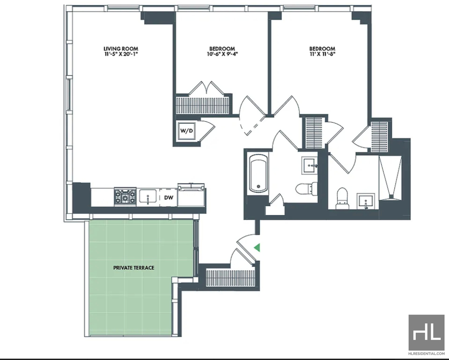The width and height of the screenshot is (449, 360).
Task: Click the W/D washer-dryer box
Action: point(186,131)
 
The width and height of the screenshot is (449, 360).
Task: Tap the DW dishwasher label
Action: point(169,197)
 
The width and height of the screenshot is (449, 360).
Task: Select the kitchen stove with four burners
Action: point(125,196)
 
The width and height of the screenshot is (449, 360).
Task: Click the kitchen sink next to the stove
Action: point(148,197)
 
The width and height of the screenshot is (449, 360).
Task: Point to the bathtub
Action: point(259,174)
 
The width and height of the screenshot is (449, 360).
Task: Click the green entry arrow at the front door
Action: point(257,247)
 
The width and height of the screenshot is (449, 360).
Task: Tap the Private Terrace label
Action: point(134,268)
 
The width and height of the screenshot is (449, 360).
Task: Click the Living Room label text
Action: point(121,49)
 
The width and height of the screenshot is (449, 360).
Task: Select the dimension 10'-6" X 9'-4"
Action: point(222,54)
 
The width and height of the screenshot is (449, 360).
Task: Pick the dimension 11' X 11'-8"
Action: point(322,54)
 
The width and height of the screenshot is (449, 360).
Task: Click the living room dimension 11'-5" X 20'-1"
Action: point(121,54)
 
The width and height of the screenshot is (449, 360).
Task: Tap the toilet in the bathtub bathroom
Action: point(306,189)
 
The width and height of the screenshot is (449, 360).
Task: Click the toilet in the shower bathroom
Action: point(342,199)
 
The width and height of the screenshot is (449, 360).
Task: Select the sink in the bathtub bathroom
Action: point(310,165)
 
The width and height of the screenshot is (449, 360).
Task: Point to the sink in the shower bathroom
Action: point(366,201)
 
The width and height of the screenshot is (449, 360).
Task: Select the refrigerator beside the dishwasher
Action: point(191,195)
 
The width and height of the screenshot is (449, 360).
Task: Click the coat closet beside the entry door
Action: point(231,278)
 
